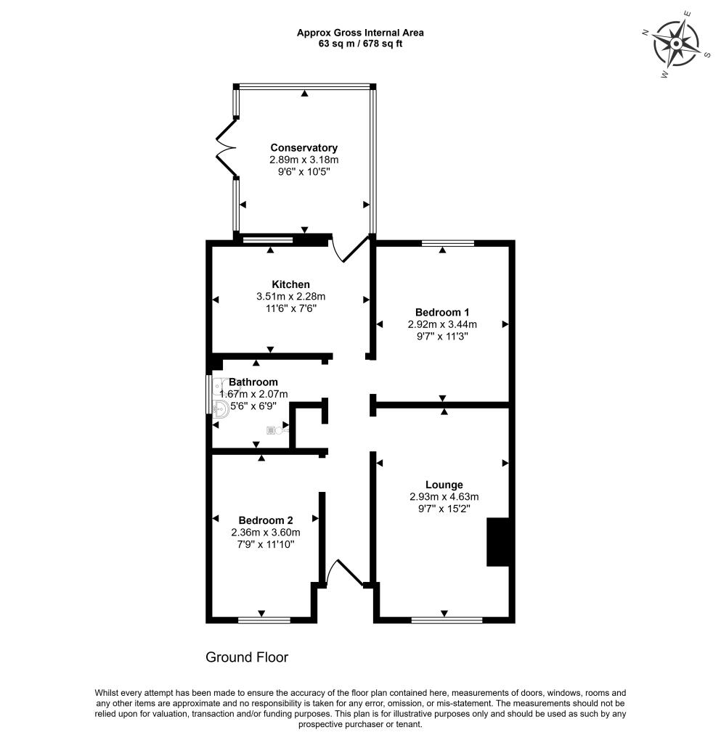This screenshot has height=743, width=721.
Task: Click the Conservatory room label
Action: [304, 147]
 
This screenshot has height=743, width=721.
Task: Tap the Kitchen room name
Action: [290, 284]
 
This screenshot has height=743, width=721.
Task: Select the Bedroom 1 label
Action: [441, 312]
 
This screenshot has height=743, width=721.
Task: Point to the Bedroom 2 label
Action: [266, 520]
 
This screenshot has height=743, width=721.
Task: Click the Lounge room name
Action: [444, 485]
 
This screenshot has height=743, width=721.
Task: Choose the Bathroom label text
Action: [253, 382]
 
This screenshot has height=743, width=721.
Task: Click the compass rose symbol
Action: [677, 44]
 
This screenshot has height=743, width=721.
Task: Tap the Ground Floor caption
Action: [246, 657]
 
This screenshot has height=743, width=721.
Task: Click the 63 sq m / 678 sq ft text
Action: [360, 44]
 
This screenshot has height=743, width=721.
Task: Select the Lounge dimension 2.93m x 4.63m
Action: [444, 496]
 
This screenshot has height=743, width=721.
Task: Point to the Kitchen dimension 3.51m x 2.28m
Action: [290, 297]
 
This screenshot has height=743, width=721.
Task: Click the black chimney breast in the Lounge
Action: [498, 542]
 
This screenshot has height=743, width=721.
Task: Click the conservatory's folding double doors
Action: [227, 147]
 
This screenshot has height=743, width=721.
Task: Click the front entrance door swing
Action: [345, 572]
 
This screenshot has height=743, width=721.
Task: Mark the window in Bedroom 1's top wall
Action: [448, 244]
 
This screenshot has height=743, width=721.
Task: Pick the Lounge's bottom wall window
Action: [447, 620]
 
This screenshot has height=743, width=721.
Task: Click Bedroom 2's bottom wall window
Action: [264, 620]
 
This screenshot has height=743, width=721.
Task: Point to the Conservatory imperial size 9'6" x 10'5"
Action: [304, 171]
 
